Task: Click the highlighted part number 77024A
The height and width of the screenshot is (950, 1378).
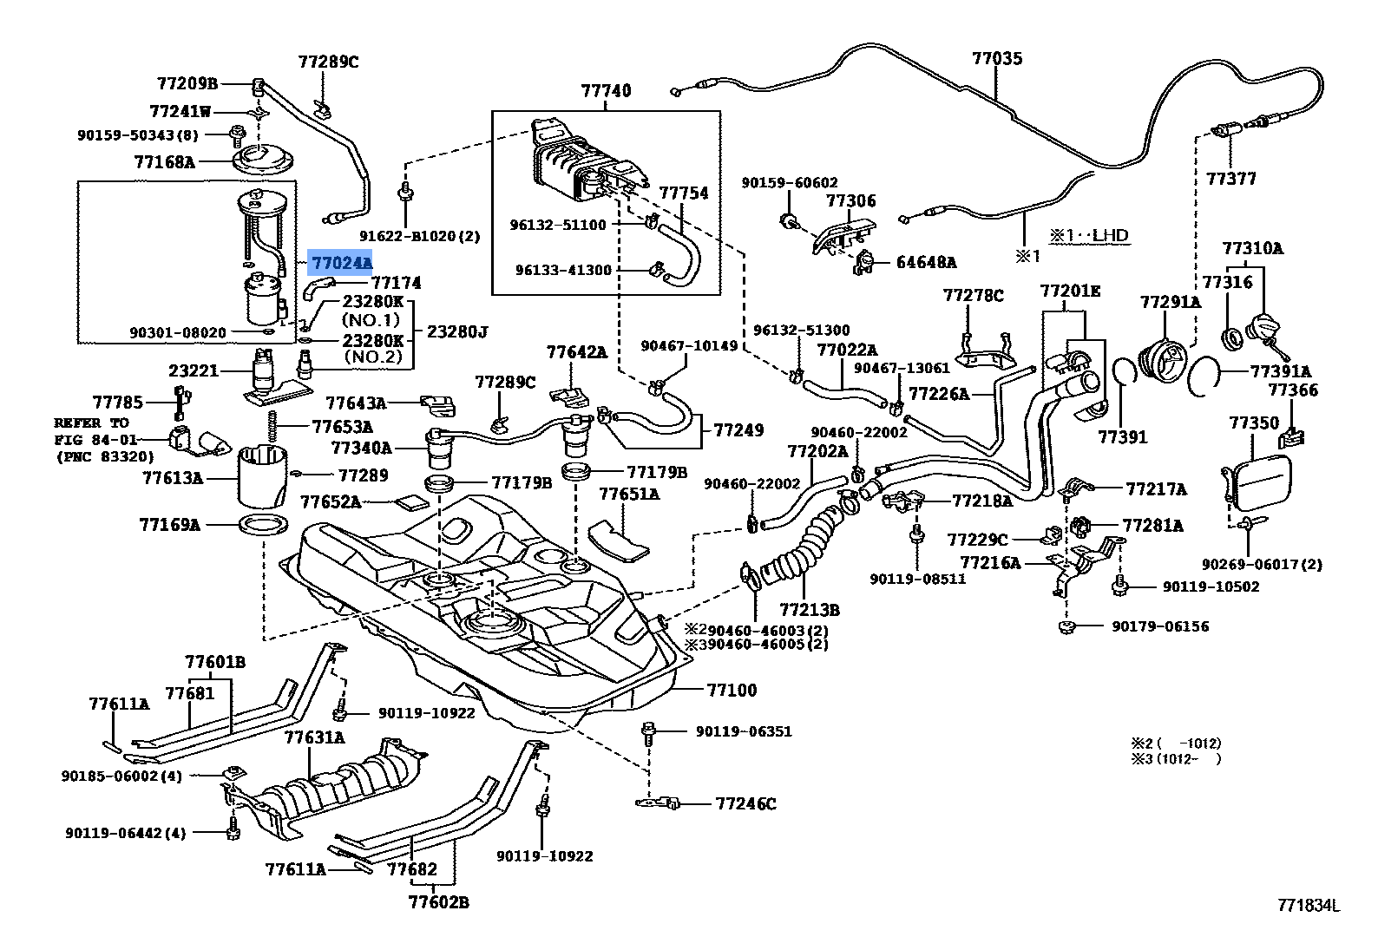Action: click(341, 262)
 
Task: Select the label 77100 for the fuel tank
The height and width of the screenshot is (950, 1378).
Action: click(731, 691)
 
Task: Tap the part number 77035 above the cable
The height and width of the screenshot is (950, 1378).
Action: click(996, 59)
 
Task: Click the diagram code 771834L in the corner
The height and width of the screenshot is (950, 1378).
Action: click(1308, 907)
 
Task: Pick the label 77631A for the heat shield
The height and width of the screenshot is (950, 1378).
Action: click(314, 738)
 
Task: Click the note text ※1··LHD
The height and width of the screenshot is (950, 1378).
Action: click(1089, 235)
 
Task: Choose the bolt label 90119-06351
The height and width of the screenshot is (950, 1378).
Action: click(744, 731)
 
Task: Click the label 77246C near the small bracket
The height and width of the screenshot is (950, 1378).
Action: click(745, 803)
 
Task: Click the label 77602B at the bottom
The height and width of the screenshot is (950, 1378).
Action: click(438, 902)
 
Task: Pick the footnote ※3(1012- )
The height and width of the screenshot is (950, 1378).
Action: click(1175, 758)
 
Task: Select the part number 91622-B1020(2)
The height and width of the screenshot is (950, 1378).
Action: click(420, 236)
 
